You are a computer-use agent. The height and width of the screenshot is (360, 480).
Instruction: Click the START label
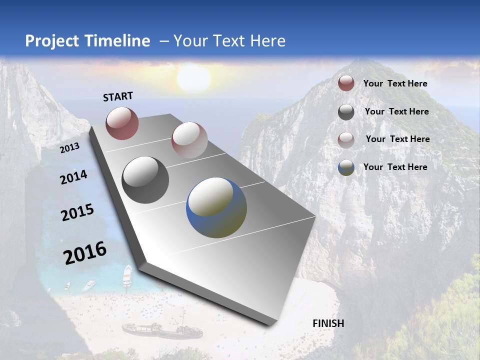[x=118, y=96]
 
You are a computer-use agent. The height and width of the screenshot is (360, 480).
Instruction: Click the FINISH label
[x=328, y=323]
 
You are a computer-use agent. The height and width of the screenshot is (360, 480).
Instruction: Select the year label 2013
[x=69, y=148]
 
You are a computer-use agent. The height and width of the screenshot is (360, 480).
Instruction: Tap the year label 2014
[x=73, y=177]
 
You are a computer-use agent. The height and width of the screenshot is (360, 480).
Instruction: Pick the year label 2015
[x=77, y=212]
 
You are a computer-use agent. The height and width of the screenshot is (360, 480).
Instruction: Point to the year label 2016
[x=85, y=253]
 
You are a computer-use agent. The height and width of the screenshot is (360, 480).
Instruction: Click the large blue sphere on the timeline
[x=216, y=207]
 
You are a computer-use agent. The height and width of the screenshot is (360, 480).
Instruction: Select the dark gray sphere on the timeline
[x=145, y=180]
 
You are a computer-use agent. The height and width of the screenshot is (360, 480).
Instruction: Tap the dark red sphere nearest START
[x=122, y=123]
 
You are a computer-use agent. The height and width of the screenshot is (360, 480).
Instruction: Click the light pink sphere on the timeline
[x=189, y=139]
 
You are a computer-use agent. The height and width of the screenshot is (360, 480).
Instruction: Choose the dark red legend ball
[x=346, y=83]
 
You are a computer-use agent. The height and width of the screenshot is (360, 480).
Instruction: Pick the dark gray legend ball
[x=346, y=112]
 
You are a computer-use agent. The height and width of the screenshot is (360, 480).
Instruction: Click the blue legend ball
[x=346, y=167]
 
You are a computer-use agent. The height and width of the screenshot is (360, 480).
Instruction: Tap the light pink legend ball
[x=346, y=139]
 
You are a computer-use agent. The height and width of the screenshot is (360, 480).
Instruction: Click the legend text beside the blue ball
[x=395, y=167]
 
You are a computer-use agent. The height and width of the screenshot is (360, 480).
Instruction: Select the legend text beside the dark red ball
[x=395, y=83]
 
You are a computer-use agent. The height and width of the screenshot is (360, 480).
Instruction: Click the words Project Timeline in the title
[x=87, y=41]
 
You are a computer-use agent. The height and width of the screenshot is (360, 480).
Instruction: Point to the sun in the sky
[x=193, y=78]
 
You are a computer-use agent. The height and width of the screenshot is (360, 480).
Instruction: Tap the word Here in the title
[x=267, y=41]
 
